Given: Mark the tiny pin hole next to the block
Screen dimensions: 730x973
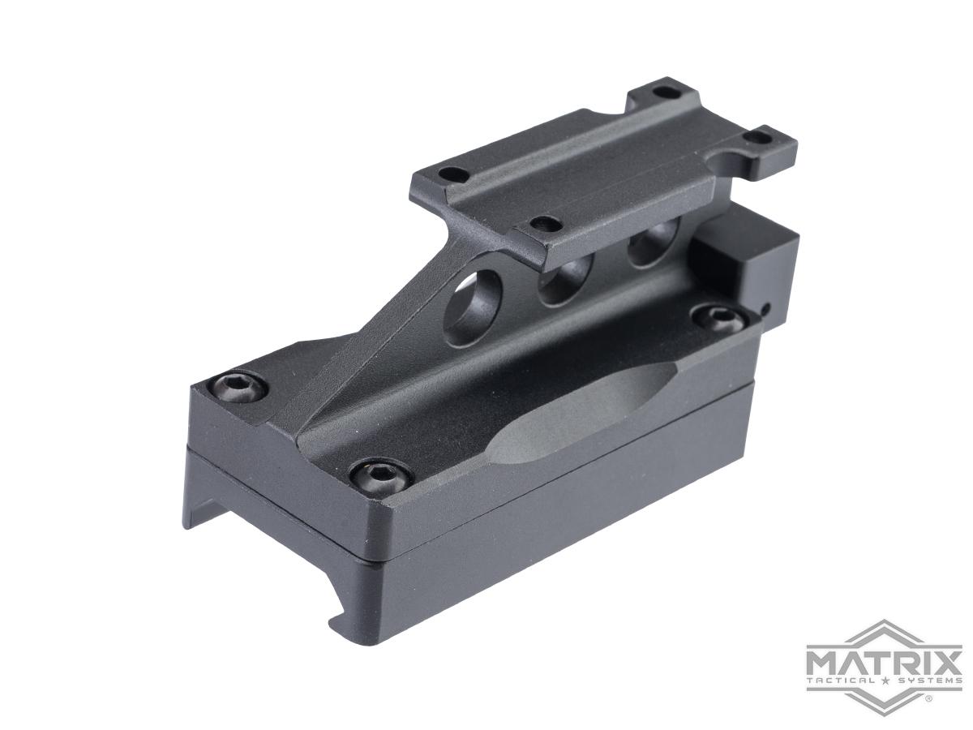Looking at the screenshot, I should click(767, 307).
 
